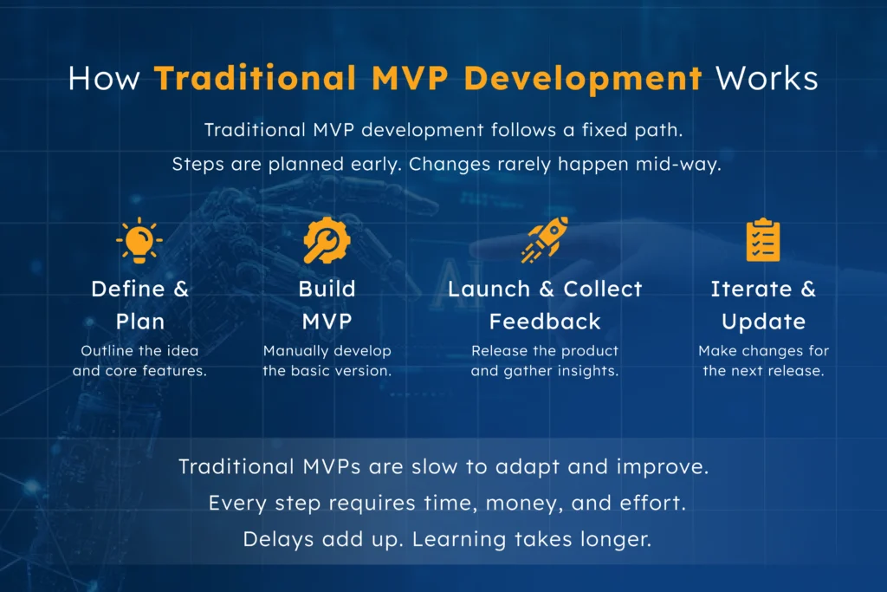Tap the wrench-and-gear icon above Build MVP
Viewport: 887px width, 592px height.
[327, 241]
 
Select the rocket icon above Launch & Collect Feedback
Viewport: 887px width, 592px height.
[544, 240]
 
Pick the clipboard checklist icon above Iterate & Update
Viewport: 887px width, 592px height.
[763, 241]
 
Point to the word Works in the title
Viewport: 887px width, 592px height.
[766, 79]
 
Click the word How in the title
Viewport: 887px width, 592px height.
[105, 79]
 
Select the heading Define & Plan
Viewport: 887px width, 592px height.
[139, 305]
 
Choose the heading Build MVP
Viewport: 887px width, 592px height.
[327, 305]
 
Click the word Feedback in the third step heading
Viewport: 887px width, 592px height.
[545, 322]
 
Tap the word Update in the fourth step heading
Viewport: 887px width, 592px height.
[763, 322]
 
